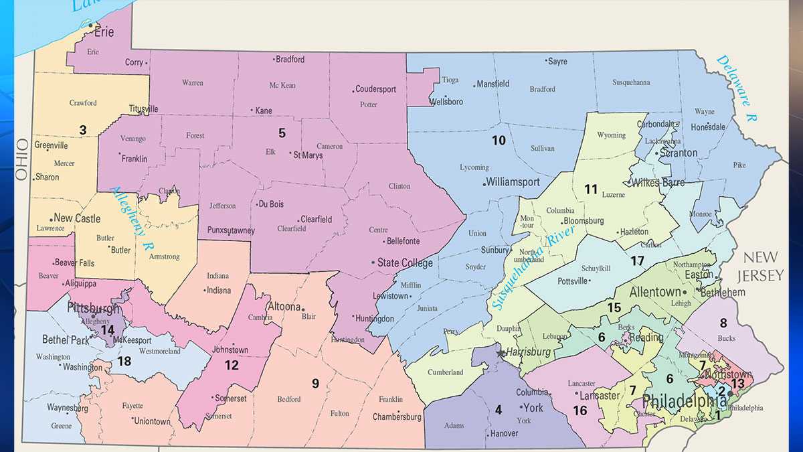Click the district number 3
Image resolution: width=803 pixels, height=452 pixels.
tap(82, 130)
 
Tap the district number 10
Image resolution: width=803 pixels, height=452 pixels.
tap(499, 141)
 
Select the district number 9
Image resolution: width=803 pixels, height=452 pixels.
tap(315, 384)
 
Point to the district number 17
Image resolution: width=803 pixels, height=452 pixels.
tap(637, 260)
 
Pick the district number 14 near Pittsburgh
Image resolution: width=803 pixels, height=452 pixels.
tap(107, 329)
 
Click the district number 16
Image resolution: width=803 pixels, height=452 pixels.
tap(579, 410)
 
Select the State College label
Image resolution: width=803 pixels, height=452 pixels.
tap(405, 263)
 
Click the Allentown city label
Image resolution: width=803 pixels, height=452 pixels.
tap(654, 293)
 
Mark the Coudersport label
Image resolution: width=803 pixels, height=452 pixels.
tap(376, 89)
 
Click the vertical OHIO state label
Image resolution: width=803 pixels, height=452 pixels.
tap(22, 159)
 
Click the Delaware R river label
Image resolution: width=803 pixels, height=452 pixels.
tap(736, 87)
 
